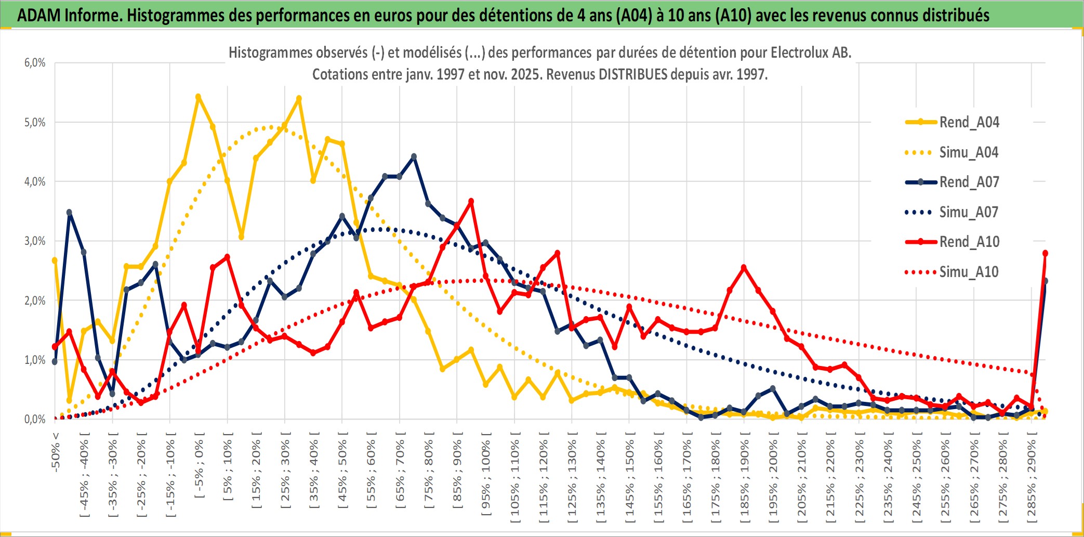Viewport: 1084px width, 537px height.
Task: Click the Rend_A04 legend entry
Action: click(x=969, y=122)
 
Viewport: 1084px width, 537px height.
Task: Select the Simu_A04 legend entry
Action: click(x=969, y=152)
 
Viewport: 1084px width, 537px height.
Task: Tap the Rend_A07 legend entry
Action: click(x=969, y=182)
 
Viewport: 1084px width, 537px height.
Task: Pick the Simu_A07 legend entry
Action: click(x=969, y=212)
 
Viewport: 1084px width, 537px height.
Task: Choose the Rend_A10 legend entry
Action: click(x=969, y=242)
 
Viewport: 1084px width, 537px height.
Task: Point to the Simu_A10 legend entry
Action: click(x=969, y=272)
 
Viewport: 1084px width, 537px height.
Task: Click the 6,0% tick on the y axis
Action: click(x=35, y=63)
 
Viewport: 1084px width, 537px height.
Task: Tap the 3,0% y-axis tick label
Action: click(x=35, y=241)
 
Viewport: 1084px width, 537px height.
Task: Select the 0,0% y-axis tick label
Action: click(x=35, y=420)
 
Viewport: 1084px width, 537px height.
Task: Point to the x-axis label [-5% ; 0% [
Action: click(x=199, y=465)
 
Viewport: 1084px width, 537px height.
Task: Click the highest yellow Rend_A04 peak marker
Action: click(x=198, y=97)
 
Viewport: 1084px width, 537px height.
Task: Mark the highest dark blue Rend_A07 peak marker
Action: click(x=414, y=156)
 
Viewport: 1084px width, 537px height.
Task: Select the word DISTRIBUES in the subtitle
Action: click(x=632, y=74)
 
